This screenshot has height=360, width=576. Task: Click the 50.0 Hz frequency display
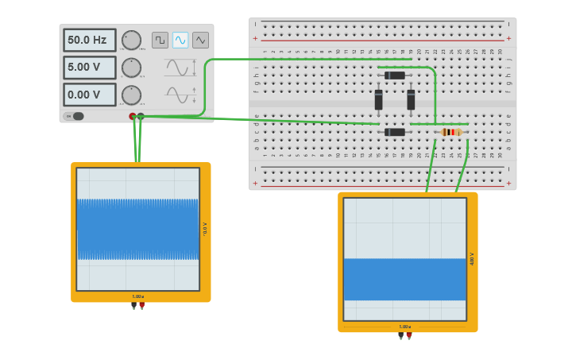[89, 40]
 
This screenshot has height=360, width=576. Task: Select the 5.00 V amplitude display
[89, 68]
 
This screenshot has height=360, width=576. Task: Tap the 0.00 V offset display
[89, 95]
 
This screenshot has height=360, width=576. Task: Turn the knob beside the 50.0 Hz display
[131, 40]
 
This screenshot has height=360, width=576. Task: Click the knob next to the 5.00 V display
[131, 68]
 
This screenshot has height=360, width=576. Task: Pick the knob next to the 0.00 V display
[131, 95]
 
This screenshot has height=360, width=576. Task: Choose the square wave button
[160, 40]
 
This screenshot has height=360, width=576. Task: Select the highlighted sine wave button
[180, 40]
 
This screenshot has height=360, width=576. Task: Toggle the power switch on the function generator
[75, 116]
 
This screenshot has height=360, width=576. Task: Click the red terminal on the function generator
[133, 117]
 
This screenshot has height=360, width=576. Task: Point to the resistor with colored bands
[451, 132]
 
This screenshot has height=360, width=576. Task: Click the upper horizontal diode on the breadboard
[395, 75]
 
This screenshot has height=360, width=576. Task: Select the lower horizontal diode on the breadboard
[395, 132]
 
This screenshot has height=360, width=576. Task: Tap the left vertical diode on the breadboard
[379, 100]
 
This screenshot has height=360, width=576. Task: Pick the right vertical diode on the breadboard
[411, 100]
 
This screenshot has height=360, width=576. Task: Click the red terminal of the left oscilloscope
[142, 306]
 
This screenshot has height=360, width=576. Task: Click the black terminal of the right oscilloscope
[400, 336]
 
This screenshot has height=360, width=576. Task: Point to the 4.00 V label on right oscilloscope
[472, 259]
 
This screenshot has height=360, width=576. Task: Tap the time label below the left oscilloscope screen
[138, 296]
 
